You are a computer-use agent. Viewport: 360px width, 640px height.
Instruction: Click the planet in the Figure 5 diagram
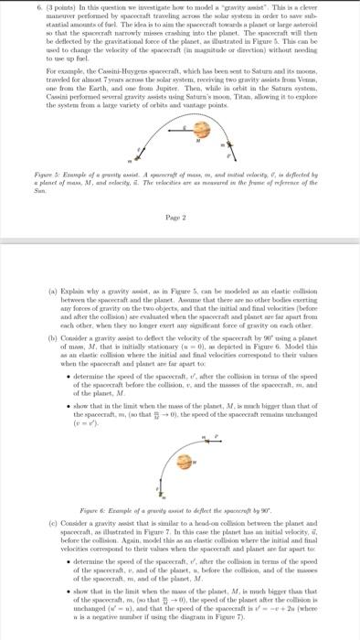point(198,142)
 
